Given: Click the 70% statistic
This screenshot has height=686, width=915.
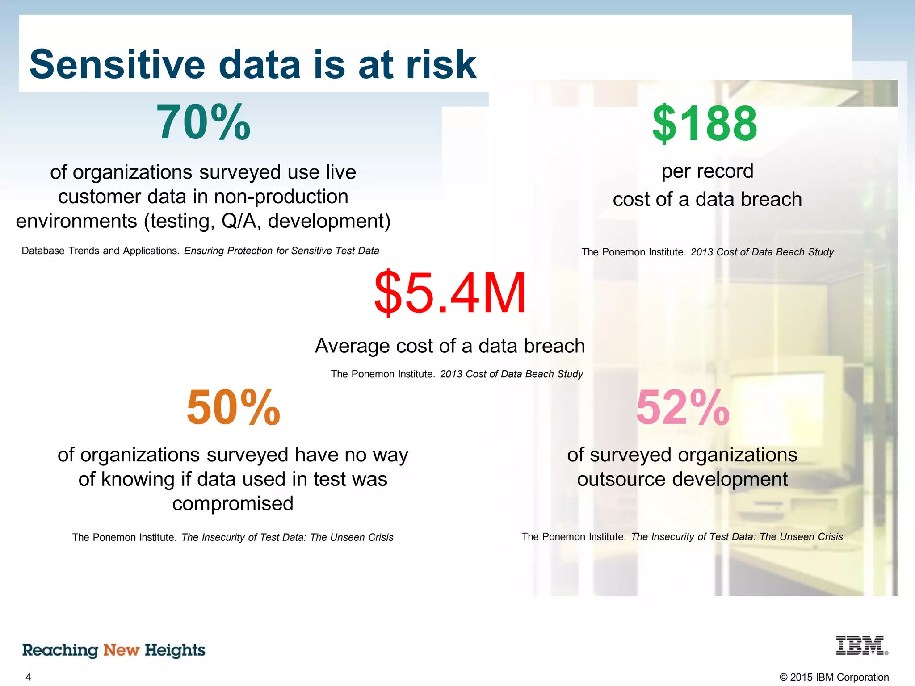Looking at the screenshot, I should click(203, 122).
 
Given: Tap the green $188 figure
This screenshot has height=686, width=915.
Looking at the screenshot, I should click(705, 123).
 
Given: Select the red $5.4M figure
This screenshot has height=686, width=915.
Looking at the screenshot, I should click(450, 293).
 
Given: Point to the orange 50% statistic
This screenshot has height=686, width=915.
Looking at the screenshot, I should click(233, 407).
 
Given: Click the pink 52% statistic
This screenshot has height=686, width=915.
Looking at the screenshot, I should click(682, 407).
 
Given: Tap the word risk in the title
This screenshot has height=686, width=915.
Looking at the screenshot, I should click(440, 65).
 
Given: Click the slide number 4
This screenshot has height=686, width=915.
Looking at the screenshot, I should click(28, 677).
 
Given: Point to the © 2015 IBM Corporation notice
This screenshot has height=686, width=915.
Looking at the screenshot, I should click(834, 677).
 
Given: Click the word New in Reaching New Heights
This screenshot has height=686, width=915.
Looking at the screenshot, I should click(122, 650).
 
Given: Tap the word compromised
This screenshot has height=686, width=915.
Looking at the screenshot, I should click(233, 503).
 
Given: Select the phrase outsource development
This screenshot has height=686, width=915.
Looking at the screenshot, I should click(682, 479).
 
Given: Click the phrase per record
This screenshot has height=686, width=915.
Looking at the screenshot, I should click(707, 171).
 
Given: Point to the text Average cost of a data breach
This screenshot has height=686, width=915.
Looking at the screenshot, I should click(450, 346).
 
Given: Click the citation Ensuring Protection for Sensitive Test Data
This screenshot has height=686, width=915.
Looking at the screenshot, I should click(281, 251).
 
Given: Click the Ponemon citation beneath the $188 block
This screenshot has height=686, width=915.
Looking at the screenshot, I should click(707, 252).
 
